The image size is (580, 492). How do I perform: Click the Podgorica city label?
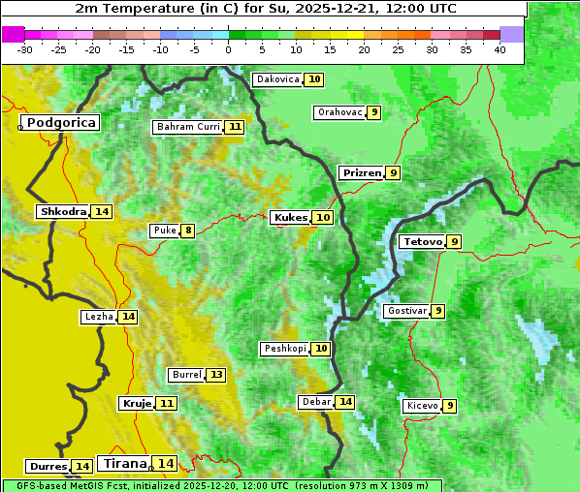61,123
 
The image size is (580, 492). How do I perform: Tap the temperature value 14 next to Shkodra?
102,211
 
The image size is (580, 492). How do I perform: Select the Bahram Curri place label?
188,127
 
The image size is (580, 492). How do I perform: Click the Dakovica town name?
277,79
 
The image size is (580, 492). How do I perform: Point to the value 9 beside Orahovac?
374,112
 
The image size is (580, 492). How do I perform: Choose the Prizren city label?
361,173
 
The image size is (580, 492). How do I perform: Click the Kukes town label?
290,218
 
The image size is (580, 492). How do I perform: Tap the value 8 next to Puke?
188,231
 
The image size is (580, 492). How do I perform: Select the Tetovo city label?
422,241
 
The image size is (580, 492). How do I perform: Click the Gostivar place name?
405,311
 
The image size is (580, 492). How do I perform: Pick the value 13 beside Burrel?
216,375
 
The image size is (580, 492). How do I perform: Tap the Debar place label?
316,402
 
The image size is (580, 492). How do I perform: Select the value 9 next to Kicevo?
450,406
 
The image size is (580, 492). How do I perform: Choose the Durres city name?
48,467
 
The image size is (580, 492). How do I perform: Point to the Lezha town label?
98,317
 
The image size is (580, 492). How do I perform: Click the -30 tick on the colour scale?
25,48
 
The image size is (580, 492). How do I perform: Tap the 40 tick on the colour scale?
499,48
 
